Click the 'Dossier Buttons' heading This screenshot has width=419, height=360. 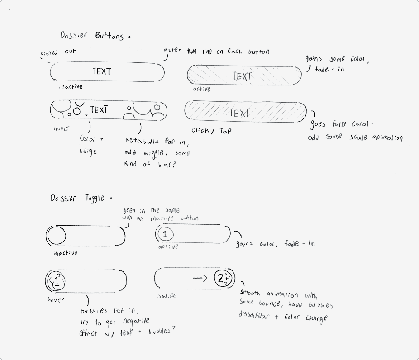92,36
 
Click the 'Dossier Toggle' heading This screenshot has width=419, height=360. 77,198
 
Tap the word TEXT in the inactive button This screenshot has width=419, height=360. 102,71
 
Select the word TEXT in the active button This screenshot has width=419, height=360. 242,76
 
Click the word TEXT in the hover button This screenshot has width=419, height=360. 99,110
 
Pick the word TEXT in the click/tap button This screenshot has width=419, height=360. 239,113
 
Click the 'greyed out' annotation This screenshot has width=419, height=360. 57,52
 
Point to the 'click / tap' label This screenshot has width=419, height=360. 211,131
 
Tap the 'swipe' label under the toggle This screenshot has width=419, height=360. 167,296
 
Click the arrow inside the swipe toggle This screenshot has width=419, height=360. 200,278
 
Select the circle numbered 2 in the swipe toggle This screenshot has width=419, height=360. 223,279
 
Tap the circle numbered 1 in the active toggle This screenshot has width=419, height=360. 165,234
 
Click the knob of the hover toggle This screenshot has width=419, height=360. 57,280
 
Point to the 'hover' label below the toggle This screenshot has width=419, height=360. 56,299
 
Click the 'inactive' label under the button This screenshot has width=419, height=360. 71,86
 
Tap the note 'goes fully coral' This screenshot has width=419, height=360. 343,124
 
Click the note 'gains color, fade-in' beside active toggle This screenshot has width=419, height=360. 275,244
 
